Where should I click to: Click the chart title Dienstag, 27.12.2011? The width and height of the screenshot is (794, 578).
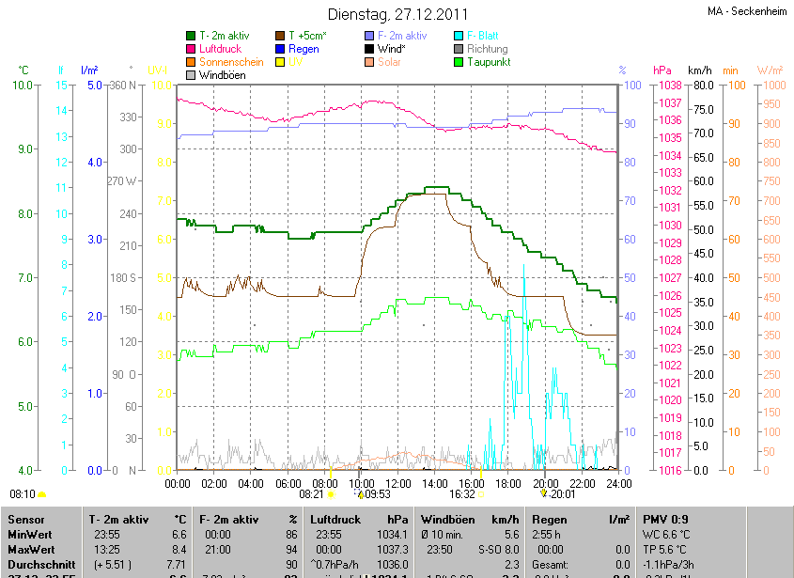397,14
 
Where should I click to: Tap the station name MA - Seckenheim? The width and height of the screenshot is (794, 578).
747,11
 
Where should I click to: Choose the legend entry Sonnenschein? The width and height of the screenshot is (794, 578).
231,62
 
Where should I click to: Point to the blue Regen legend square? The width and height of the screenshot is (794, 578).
279,49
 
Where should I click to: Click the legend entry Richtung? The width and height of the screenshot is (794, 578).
487,49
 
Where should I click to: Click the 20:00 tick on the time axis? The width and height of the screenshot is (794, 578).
545,483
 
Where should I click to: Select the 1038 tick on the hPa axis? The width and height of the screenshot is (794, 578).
669,86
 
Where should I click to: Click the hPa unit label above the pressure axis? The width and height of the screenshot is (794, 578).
662,70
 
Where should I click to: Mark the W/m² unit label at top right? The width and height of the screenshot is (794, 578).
770,70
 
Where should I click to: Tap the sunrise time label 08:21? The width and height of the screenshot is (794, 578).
311,493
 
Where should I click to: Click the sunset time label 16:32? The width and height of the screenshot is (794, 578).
461,493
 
